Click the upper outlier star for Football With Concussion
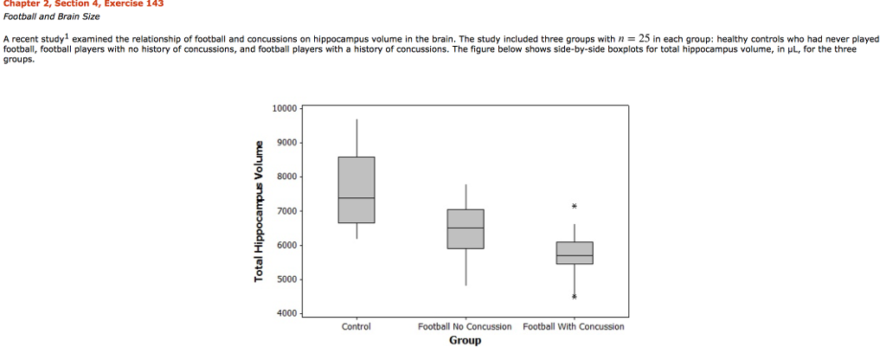(x=575, y=207)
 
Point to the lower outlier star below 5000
(x=575, y=297)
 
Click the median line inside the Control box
(x=356, y=198)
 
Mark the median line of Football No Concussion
(x=465, y=228)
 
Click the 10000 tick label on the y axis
(x=284, y=108)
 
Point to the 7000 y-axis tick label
(x=286, y=211)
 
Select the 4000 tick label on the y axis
(x=286, y=313)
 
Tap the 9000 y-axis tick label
(x=286, y=143)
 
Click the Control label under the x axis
(x=356, y=327)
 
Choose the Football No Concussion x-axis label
(x=465, y=327)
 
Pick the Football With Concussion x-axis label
(x=574, y=327)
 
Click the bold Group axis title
(x=465, y=340)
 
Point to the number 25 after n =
(x=644, y=39)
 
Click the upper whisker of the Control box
(x=356, y=138)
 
